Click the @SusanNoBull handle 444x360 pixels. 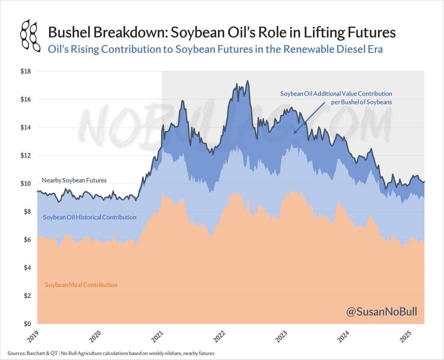381,312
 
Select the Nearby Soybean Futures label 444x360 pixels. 74,181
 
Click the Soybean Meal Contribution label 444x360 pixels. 81,285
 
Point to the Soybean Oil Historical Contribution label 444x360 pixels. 90,217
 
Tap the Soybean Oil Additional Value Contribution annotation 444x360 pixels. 336,98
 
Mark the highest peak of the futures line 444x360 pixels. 248,81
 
